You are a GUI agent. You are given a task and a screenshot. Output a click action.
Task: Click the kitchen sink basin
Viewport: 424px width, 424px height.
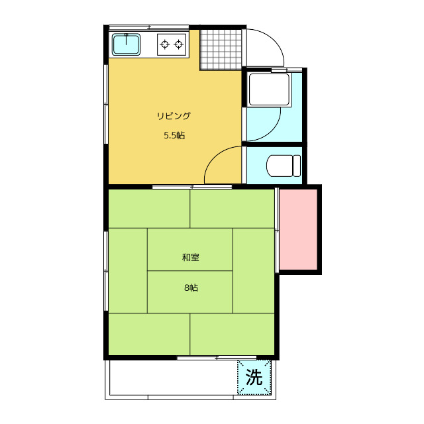pos(126,44)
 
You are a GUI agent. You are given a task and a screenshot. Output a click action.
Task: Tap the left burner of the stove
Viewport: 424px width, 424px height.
pos(164,44)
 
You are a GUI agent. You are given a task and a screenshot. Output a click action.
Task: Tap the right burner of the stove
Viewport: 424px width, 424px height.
pos(178,44)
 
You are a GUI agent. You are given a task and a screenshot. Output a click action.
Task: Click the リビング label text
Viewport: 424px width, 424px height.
pos(174,116)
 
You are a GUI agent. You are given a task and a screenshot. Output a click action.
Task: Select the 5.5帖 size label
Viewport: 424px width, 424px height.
pos(174,135)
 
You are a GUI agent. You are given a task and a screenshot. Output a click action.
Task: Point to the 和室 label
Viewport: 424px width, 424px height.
pos(191,257)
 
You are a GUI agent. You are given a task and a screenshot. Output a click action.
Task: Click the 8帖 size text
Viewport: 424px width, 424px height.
pos(191,288)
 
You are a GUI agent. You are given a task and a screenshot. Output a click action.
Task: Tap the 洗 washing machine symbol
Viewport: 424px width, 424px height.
pos(254,377)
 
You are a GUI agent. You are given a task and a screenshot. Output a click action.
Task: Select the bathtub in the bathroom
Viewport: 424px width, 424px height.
pos(270,89)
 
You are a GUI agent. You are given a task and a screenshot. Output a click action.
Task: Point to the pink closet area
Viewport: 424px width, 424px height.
pos(298,229)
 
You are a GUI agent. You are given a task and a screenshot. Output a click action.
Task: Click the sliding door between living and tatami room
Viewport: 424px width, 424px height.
pos(192,187)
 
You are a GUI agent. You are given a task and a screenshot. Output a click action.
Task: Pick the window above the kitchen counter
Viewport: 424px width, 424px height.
pos(148,27)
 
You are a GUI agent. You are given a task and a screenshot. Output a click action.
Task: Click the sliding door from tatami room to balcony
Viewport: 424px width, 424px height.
pos(217,358)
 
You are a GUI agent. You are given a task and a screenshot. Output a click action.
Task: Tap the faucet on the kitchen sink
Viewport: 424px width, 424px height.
pos(126,39)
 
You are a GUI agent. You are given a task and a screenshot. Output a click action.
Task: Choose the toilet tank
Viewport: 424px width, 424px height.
pos(297,166)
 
